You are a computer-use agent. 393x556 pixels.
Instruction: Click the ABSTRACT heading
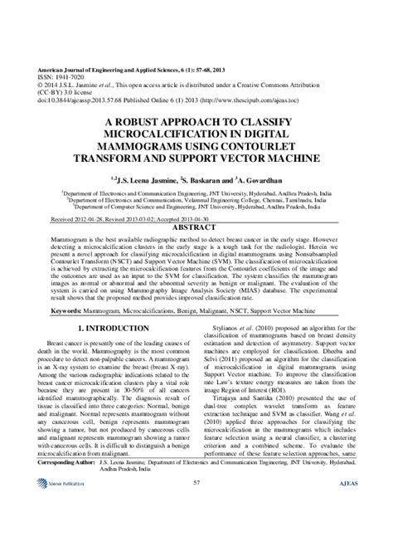[196, 225]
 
